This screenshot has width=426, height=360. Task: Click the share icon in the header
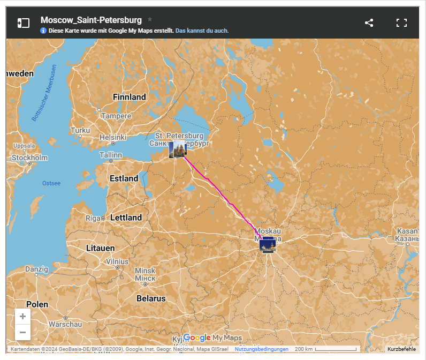coord(369,22)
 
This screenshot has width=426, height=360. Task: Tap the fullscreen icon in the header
coord(401,22)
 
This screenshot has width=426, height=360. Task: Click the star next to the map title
coord(150,19)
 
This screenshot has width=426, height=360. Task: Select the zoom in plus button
coord(22,317)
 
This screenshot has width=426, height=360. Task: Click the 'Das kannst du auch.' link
coord(202,31)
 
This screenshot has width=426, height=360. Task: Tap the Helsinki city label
coord(112,137)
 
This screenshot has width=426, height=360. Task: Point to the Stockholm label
coord(29,158)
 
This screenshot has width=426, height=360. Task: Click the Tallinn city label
coord(111,155)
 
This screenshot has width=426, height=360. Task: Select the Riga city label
coord(93,218)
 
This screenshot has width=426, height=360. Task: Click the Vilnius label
coord(117,261)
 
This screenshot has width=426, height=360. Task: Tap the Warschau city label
coord(65,324)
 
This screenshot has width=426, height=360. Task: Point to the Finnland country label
coord(130,97)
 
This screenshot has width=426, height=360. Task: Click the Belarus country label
coord(151,298)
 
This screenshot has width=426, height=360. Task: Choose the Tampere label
coord(116,116)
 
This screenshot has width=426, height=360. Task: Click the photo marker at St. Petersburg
coord(177,150)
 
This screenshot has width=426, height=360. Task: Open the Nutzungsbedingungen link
coord(262,349)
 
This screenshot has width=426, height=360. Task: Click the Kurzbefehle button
coord(401,349)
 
